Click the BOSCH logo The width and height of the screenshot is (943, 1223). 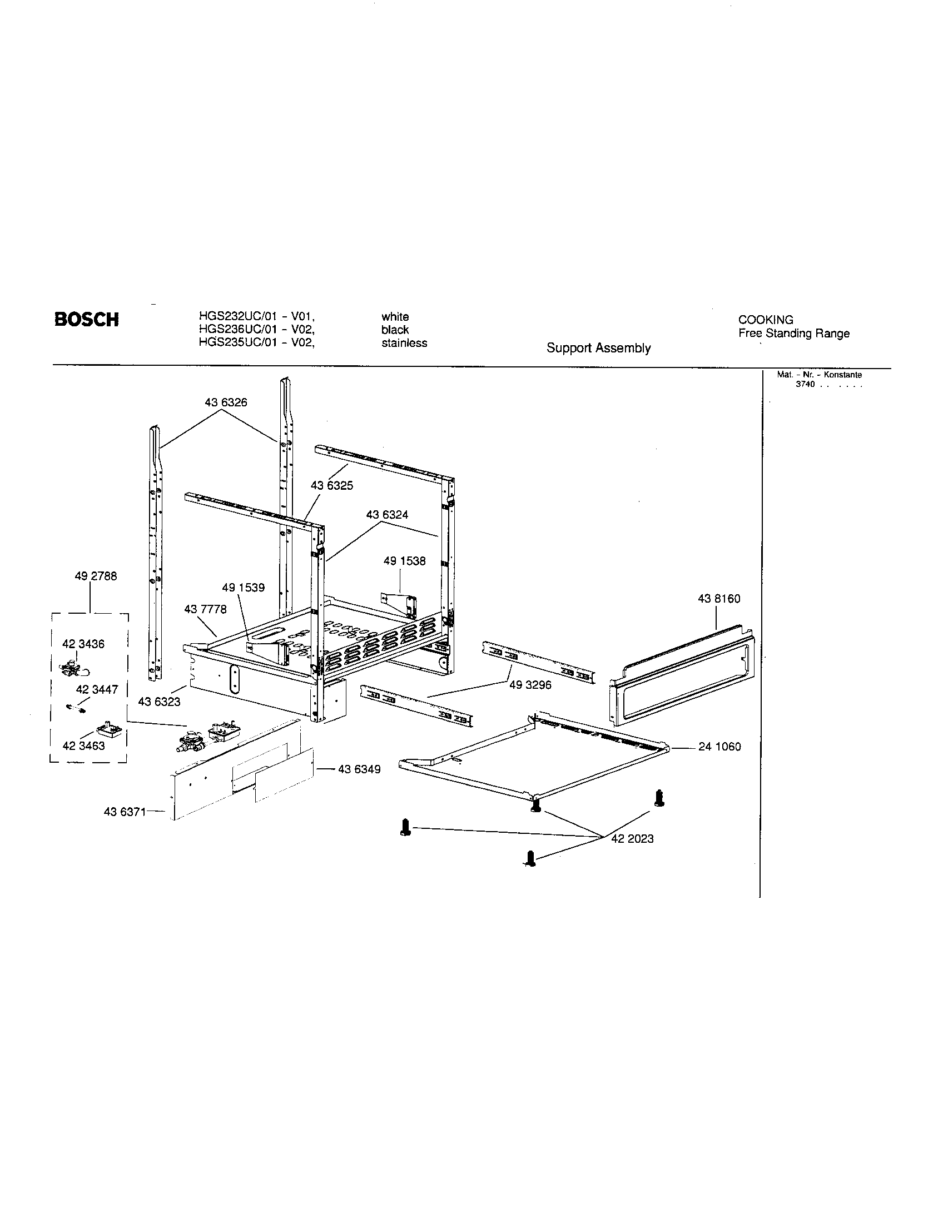[x=86, y=320]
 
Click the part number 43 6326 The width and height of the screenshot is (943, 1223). [x=226, y=402]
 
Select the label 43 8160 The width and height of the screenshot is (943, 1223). [x=718, y=599]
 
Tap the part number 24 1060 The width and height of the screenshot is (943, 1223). [x=719, y=747]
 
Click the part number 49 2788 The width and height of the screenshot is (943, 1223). [x=96, y=576]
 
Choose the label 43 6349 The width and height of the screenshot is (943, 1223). [x=359, y=769]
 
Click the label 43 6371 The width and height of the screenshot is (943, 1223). [x=125, y=812]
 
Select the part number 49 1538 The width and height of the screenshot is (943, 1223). [x=404, y=561]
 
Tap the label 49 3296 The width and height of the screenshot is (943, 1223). [x=530, y=685]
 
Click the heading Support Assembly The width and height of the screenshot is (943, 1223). [x=598, y=349]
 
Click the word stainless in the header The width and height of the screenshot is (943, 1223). [x=404, y=343]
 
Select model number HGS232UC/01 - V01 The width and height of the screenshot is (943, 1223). [x=256, y=317]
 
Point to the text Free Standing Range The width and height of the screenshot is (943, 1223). [x=793, y=334]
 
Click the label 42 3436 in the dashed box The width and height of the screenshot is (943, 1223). [x=83, y=644]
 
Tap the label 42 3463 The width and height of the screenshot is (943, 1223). [x=84, y=746]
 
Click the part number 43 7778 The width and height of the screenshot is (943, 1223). [x=206, y=609]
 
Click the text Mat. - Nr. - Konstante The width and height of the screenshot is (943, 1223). [x=818, y=375]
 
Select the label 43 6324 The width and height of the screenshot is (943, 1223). [x=387, y=515]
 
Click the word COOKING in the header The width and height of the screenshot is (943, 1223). [x=765, y=320]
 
